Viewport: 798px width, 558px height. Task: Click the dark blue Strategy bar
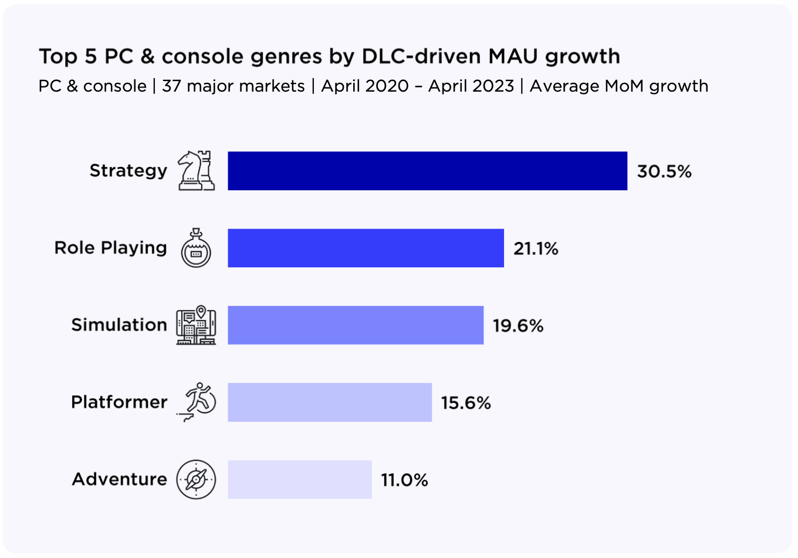click(427, 171)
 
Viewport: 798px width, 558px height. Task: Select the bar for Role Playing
click(366, 248)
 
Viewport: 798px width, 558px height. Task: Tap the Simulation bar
click(356, 325)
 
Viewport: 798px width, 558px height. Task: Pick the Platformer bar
click(330, 402)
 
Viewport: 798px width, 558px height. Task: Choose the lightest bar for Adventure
click(300, 479)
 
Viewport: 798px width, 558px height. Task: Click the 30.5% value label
click(664, 172)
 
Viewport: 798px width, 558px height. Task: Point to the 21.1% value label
click(536, 248)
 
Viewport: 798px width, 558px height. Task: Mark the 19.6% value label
click(518, 325)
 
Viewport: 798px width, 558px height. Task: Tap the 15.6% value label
click(466, 403)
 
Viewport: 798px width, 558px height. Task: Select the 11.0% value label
click(405, 480)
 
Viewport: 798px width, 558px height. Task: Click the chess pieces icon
click(197, 170)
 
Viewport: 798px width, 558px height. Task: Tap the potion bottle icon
click(196, 248)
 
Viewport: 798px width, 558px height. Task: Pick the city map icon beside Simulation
click(196, 325)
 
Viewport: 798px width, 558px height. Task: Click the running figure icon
click(197, 402)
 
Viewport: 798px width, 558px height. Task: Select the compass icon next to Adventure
click(196, 479)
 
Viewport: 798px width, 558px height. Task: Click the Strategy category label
click(129, 170)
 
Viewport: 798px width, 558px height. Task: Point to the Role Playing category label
click(111, 247)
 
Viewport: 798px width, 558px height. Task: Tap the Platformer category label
click(119, 402)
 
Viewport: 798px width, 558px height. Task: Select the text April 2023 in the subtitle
click(471, 86)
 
